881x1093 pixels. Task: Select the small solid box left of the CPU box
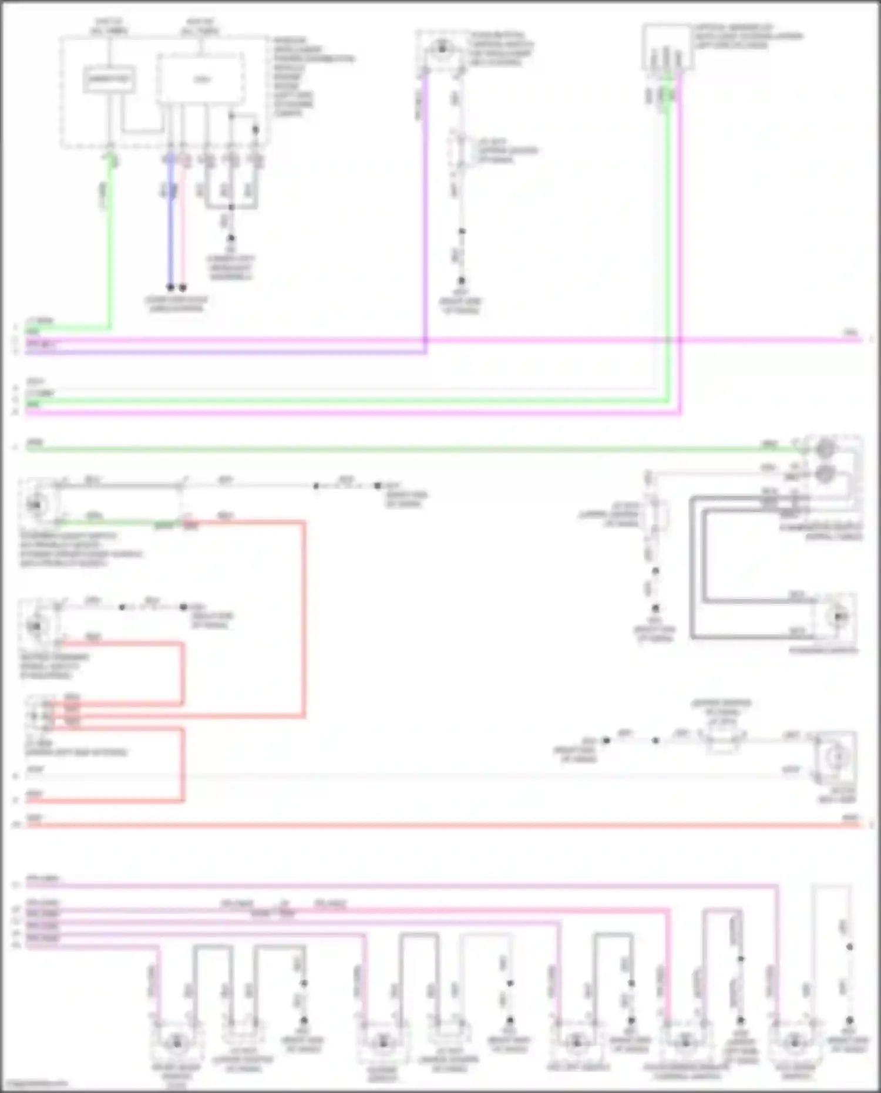(x=109, y=80)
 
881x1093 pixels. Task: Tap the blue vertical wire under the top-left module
(x=170, y=235)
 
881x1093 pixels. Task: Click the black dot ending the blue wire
(x=170, y=288)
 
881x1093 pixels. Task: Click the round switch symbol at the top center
(x=442, y=49)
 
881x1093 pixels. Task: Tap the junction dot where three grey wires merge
(x=231, y=207)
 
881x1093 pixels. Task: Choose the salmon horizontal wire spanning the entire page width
(x=441, y=825)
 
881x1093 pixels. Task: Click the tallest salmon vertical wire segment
(x=304, y=617)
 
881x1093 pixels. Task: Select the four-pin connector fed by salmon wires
(x=40, y=714)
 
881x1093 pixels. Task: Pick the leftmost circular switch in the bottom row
(x=176, y=1042)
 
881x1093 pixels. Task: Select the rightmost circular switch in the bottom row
(x=795, y=1042)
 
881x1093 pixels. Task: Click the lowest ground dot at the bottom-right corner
(x=849, y=1021)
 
